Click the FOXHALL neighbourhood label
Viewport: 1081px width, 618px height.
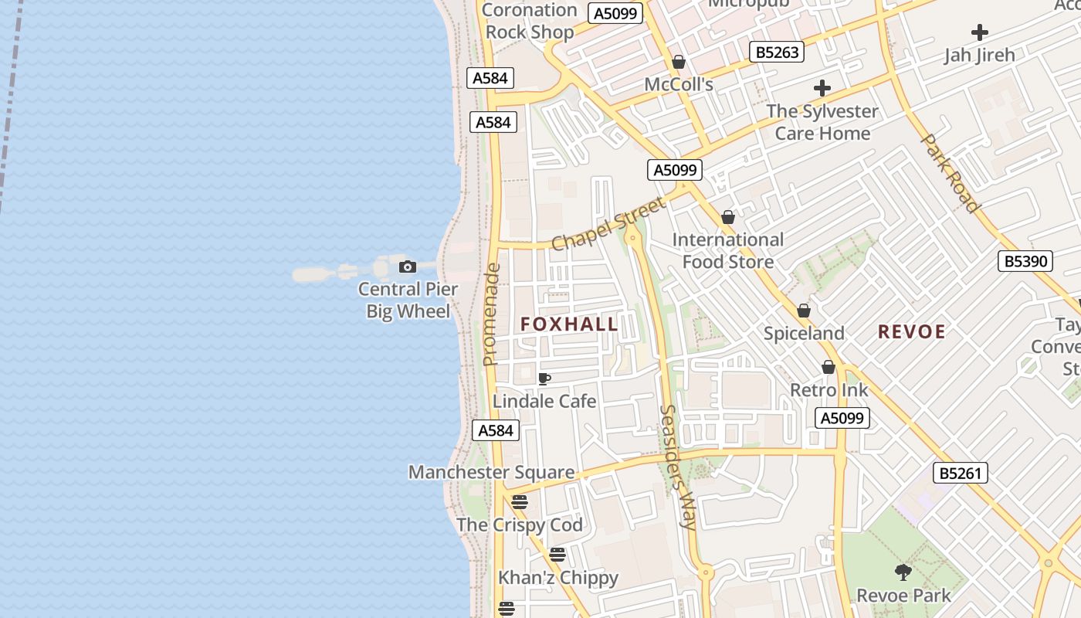[x=569, y=324]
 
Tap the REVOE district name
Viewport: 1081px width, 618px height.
[x=911, y=332]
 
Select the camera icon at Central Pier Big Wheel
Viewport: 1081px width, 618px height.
[x=408, y=267]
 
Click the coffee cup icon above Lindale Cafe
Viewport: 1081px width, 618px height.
[x=544, y=379]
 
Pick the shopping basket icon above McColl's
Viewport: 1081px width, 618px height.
[x=679, y=62]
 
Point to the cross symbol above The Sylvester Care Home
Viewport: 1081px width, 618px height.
[x=822, y=88]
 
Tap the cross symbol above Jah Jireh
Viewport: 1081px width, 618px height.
[x=980, y=32]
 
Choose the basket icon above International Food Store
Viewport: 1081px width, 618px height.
[x=727, y=218]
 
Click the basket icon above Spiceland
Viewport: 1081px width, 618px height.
[x=804, y=311]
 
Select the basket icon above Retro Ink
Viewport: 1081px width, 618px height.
[x=829, y=367]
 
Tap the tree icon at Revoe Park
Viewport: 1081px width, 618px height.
[x=903, y=572]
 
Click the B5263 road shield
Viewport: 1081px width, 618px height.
[x=777, y=52]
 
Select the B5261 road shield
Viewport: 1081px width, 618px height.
[x=961, y=473]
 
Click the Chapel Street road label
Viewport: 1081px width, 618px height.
[x=608, y=225]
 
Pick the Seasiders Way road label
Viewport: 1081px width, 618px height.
[x=678, y=467]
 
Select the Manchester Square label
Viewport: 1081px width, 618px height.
[x=491, y=472]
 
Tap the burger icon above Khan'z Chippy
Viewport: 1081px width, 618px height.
[x=557, y=554]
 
